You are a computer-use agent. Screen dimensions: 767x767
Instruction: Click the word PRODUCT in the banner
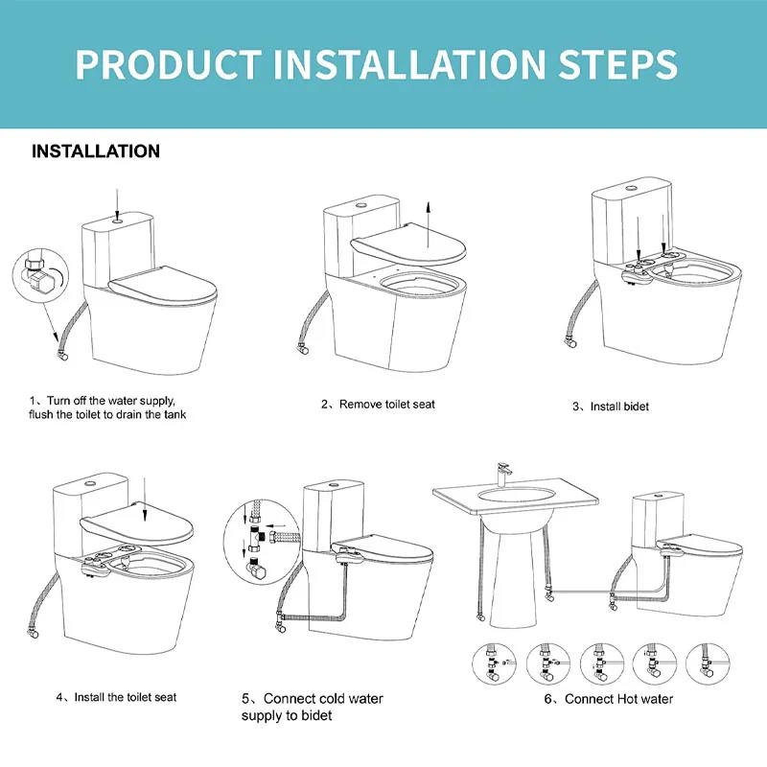[x=168, y=64]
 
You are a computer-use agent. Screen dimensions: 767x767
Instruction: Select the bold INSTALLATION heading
[x=96, y=151]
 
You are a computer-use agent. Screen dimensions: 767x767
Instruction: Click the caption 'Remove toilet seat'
[x=387, y=405]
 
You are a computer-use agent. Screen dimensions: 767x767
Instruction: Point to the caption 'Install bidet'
[x=619, y=407]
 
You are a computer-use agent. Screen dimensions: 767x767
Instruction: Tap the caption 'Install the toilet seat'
[x=126, y=697]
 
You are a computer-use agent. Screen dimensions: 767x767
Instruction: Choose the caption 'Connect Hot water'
[x=618, y=699]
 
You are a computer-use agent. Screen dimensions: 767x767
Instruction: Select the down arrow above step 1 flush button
[x=117, y=204]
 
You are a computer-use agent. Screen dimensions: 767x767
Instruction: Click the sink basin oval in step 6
[x=517, y=495]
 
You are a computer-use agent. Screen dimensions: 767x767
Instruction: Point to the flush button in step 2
[x=362, y=205]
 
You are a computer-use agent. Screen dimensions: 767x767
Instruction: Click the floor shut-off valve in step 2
[x=302, y=349]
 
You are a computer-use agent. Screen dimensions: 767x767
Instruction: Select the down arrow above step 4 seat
[x=145, y=500]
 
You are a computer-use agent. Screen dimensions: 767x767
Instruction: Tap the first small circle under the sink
[x=494, y=663]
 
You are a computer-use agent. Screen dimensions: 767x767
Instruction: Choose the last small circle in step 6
[x=708, y=663]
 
